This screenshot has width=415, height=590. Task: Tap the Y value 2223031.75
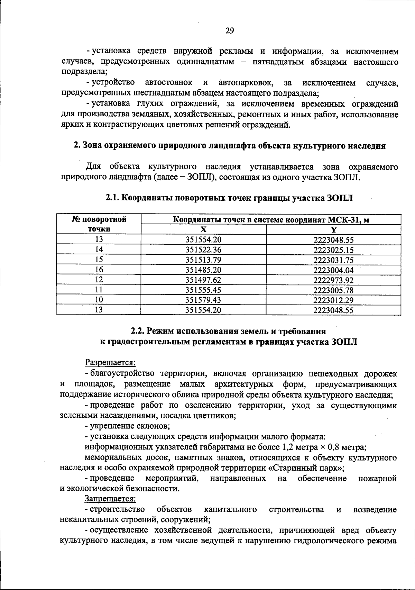click(333, 260)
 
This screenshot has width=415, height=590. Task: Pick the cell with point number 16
click(99, 270)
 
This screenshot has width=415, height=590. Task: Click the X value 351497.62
click(203, 280)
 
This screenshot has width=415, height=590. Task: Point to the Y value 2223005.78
click(333, 290)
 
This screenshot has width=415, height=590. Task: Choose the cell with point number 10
click(99, 300)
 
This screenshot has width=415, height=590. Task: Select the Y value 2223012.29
click(333, 300)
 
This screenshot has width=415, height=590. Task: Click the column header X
click(203, 229)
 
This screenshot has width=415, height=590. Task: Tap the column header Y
click(334, 229)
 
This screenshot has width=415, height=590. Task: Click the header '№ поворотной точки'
click(99, 224)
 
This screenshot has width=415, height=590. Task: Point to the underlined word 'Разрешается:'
click(110, 363)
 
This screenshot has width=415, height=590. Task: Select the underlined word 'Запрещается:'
click(110, 499)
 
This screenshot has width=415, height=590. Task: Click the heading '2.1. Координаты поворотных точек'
click(230, 198)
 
